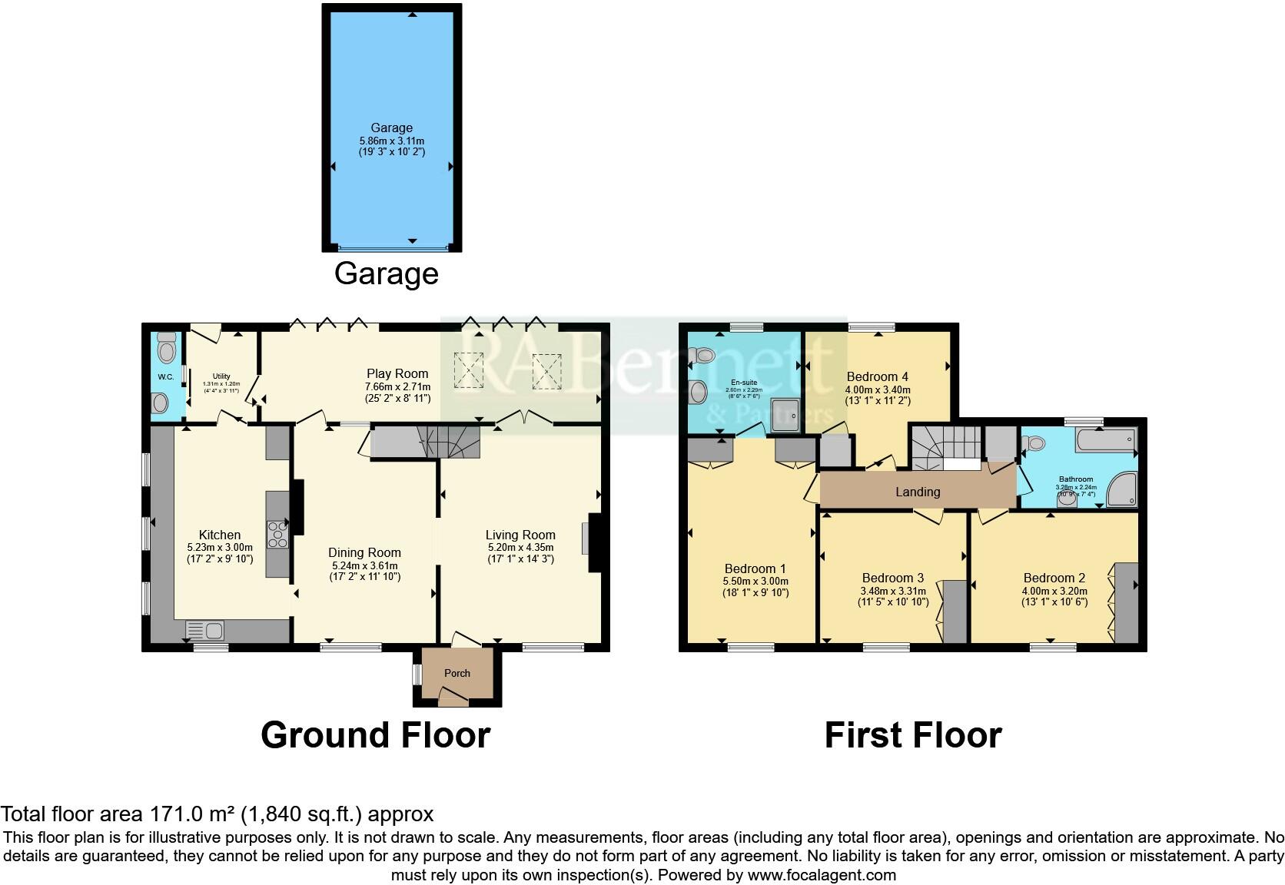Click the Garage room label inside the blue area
coord(391,128)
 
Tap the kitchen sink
coord(204,631)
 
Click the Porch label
coord(457,673)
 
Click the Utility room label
coord(221,376)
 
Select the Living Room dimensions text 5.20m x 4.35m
coord(520,548)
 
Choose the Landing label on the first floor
coord(918,492)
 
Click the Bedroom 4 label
coord(877,376)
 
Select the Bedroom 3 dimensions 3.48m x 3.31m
coord(892,592)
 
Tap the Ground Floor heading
coord(375,735)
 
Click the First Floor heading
coord(912,735)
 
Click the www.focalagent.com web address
coord(822,875)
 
